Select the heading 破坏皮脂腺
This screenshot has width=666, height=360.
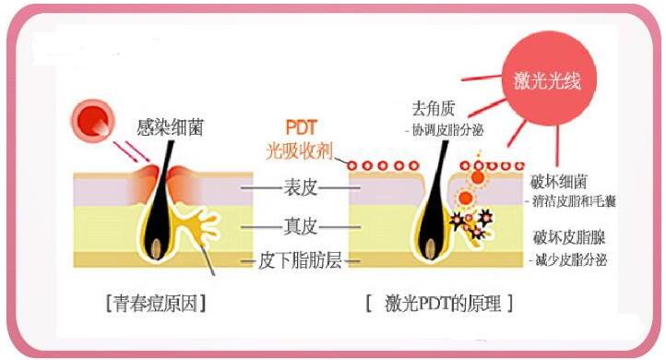pos(563,237)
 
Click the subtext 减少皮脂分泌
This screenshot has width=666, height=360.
pos(569,259)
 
